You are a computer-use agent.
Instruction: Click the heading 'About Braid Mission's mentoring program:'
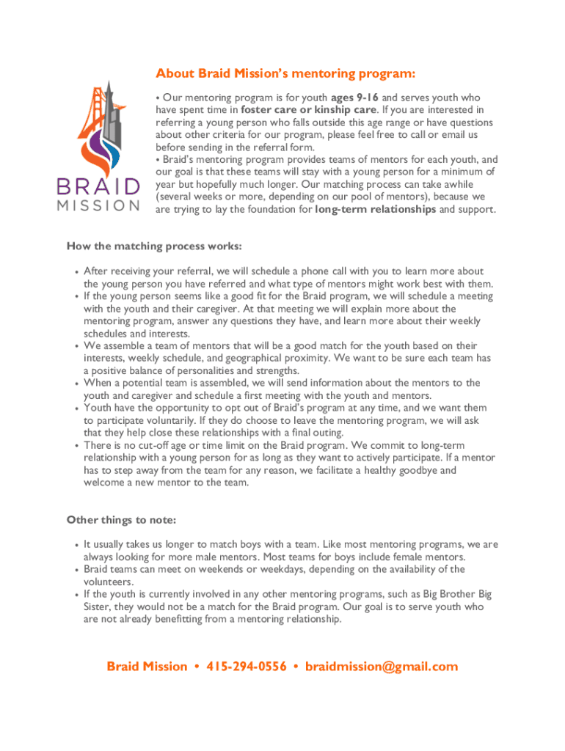(x=285, y=74)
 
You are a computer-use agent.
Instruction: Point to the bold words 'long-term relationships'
(x=376, y=209)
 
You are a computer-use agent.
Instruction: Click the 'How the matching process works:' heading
(x=154, y=246)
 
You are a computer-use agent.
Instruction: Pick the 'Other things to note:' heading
(x=121, y=520)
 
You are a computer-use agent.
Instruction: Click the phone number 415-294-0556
(x=247, y=666)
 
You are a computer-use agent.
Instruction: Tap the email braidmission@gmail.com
(x=382, y=666)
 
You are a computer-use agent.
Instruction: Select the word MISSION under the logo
(x=98, y=205)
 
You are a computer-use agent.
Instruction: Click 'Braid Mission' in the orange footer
(x=147, y=666)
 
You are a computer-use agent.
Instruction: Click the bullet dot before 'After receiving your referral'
(x=76, y=272)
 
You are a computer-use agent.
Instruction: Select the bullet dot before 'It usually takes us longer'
(x=76, y=546)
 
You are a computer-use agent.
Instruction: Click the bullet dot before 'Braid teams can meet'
(x=76, y=570)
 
